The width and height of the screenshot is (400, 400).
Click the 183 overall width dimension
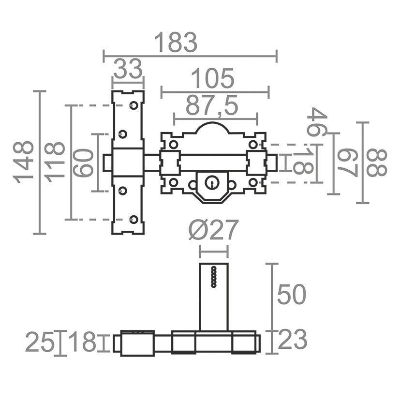click(176, 42)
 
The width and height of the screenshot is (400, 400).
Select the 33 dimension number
click(128, 69)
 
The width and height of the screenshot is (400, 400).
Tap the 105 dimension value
click(212, 78)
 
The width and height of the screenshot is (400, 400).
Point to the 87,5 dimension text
click(212, 105)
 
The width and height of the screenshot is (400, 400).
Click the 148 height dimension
click(24, 162)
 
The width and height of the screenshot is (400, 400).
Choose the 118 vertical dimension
click(55, 162)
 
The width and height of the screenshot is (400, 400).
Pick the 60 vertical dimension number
click(83, 163)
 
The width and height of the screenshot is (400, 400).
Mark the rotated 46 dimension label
click(317, 122)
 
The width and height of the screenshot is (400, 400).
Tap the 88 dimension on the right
click(376, 163)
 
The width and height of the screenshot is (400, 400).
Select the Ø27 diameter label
click(214, 230)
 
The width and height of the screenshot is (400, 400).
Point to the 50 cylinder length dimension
click(291, 295)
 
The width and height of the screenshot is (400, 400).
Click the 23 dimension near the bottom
click(292, 340)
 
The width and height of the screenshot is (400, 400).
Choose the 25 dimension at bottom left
click(40, 342)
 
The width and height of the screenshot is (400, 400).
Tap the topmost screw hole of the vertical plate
click(133, 105)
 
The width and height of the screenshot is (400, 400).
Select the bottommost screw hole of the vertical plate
click(133, 220)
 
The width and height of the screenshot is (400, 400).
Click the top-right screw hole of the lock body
click(253, 145)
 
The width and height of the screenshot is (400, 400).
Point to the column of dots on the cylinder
click(214, 277)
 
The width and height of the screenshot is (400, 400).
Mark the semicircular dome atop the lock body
click(212, 123)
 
